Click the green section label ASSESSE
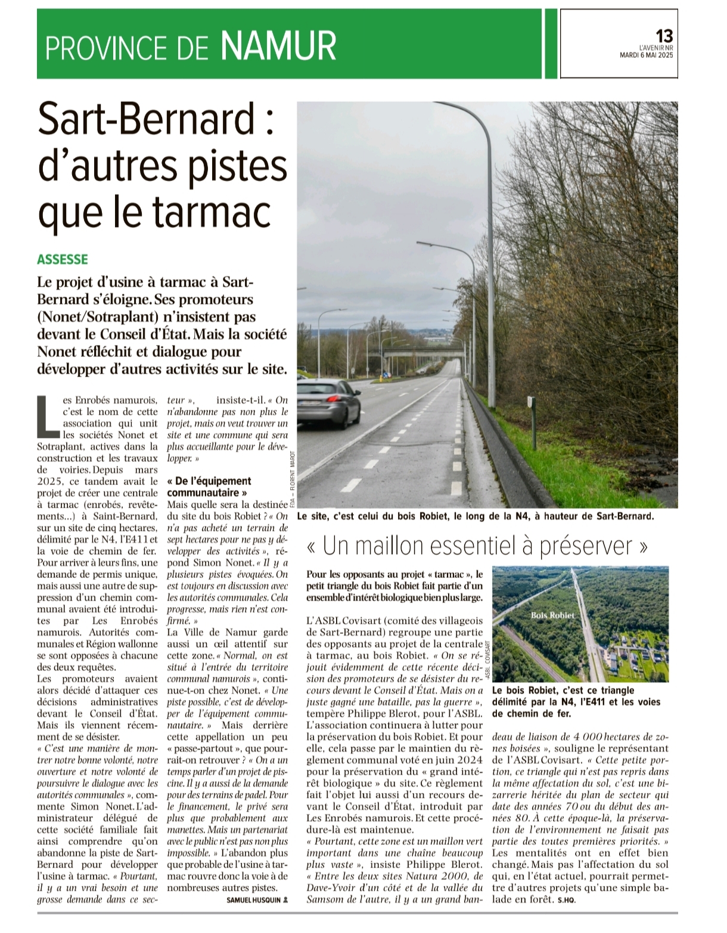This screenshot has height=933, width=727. [62, 259]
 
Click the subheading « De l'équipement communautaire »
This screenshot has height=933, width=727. [209, 487]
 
